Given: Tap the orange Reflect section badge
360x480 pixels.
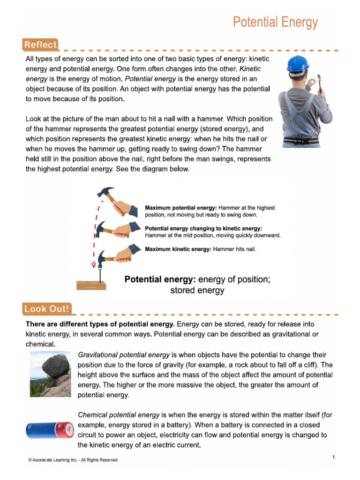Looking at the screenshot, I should click(40, 45).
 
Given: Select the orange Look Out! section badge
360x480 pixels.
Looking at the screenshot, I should click(46, 309).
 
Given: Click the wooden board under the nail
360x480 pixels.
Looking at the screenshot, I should click(92, 285).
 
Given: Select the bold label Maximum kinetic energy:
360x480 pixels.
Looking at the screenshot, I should click(178, 249).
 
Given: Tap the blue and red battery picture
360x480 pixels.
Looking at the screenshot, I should click(49, 429).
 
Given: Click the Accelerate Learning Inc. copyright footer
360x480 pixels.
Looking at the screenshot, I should click(73, 460).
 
